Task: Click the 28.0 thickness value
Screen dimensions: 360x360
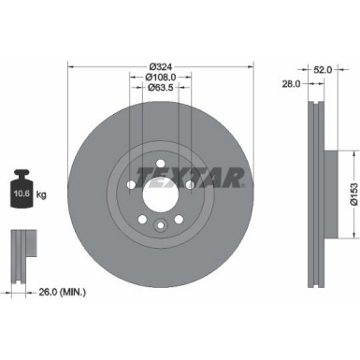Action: (292, 82)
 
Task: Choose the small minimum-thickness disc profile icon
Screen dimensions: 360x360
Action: (22, 250)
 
